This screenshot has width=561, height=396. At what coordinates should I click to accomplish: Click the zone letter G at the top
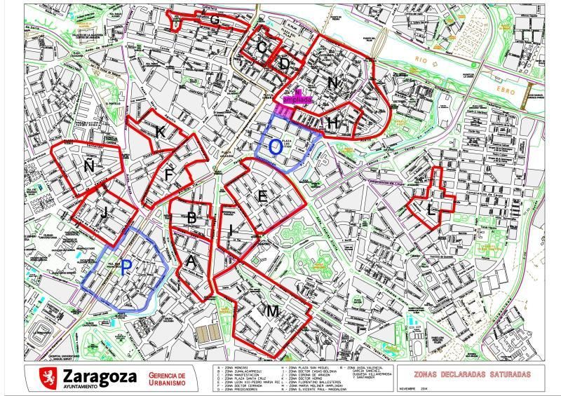pyautogui.click(x=215, y=20)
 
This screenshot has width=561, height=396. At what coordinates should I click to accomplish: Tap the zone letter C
pyautogui.click(x=263, y=47)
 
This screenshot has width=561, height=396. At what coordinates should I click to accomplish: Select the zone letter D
pyautogui.click(x=285, y=64)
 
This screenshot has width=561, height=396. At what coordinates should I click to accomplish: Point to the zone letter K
pyautogui.click(x=161, y=131)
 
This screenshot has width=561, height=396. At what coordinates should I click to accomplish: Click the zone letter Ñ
pyautogui.click(x=89, y=166)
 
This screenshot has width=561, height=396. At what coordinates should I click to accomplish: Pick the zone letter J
pyautogui.click(x=104, y=213)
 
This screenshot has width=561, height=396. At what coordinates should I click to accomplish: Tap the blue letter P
pyautogui.click(x=126, y=267)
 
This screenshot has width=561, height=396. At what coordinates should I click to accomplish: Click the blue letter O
pyautogui.click(x=276, y=147)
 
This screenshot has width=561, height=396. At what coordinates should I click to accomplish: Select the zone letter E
pyautogui.click(x=263, y=196)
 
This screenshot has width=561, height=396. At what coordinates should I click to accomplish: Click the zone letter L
pyautogui.click(x=431, y=208)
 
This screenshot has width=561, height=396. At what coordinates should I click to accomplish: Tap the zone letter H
pyautogui.click(x=334, y=123)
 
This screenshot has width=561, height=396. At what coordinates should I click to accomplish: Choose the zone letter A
pyautogui.click(x=191, y=262)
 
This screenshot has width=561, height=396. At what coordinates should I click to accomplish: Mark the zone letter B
pyautogui.click(x=191, y=218)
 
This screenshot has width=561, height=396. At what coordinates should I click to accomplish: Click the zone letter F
pyautogui.click(x=170, y=174)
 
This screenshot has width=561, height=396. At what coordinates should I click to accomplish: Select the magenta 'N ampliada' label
pyautogui.click(x=298, y=97)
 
